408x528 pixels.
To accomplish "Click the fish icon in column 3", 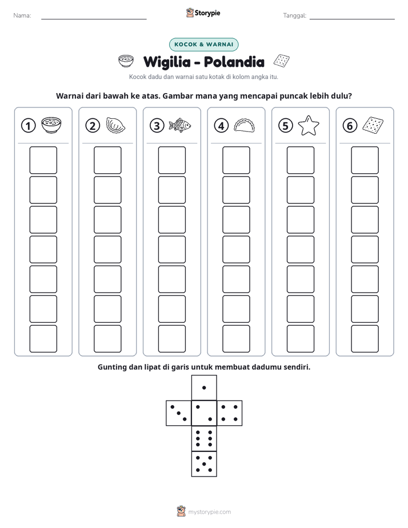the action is coord(180,125).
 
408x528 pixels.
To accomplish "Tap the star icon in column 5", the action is coord(309,125).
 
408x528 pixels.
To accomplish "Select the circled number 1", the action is coord(28,126).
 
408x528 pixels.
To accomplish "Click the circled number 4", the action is coord(221,126).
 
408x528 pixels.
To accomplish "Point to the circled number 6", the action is coord(350,126).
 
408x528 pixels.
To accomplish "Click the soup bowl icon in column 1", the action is coord(51,125).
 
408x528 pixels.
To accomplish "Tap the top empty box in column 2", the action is coord(108,160).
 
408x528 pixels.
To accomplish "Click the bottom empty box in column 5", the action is coord(301,339).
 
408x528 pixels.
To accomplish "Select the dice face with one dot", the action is coord(204,387).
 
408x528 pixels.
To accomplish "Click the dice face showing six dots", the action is coord(204,438).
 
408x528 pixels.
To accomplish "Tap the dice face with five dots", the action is coord(204,464).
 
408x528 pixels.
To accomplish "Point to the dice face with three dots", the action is coord(179,413).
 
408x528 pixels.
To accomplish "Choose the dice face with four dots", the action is coord(230,413).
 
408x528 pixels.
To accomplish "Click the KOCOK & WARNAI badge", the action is coord(203,45).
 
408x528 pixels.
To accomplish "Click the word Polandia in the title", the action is coord(234,62).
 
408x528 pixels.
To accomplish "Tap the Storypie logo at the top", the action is coord(203,13).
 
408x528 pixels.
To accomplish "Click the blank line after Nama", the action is coord(94,19).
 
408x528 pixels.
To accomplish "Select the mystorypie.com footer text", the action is coord(209,512).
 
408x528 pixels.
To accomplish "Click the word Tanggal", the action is coord(294,16).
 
